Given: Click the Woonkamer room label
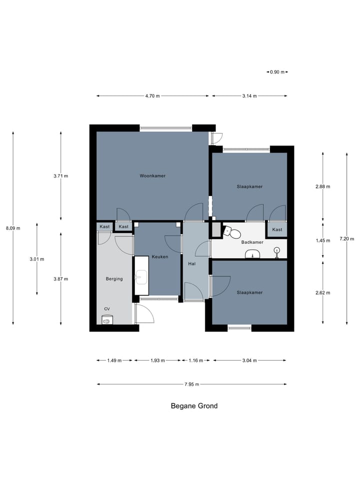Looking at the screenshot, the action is (x=152, y=175).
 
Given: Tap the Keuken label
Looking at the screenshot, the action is (x=160, y=257).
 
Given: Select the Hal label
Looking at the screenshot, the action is (x=192, y=263).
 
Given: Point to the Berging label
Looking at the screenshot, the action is (x=114, y=279).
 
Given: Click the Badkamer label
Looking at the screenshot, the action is (x=252, y=242).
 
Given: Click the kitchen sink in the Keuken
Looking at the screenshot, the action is (x=141, y=276).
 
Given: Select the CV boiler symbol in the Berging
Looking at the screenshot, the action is (x=107, y=319).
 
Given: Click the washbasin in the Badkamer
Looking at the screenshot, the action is (x=252, y=254).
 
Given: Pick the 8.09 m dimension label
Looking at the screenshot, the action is (x=13, y=228).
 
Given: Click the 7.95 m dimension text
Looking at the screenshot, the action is (x=191, y=384).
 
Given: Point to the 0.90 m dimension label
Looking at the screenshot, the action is (x=277, y=72).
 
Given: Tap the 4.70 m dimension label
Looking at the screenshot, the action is (x=152, y=96).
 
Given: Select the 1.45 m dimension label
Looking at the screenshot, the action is (x=323, y=240).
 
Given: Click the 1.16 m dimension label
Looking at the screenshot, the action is (x=195, y=360).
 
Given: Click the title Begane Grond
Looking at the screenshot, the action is (x=194, y=406).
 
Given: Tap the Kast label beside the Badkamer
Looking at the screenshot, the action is (x=277, y=229).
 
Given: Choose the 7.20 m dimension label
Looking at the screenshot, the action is (x=347, y=239).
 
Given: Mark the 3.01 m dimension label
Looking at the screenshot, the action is (x=36, y=259).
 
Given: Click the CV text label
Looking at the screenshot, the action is (x=107, y=309).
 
